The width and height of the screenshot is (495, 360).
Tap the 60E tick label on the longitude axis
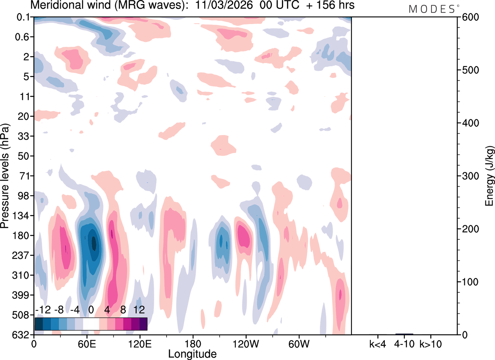coord(87,343)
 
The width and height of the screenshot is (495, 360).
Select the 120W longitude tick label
coord(246,343)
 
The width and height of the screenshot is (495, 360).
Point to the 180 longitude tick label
coord(193,343)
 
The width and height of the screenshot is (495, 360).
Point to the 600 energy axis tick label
coord(469,17)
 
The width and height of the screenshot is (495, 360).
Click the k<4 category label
coord(377,343)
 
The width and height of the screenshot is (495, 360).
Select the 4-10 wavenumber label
coord(405,343)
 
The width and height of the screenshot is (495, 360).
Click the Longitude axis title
coord(192,353)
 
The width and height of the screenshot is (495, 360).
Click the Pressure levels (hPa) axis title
coord(5,176)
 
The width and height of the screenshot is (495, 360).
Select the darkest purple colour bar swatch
coord(143,324)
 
